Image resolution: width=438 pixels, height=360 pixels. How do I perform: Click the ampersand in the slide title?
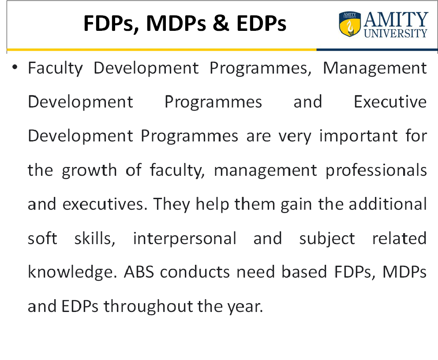(x=221, y=23)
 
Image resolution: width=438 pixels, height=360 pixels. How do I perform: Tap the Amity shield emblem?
(x=349, y=24)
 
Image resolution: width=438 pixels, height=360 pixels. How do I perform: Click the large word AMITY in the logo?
(x=396, y=19)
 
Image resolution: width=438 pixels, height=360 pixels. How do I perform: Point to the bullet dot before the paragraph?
(x=15, y=67)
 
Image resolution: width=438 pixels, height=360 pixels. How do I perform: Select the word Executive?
(x=390, y=102)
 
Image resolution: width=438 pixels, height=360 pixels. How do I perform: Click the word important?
(x=359, y=136)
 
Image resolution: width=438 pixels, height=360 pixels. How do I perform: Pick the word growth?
(x=89, y=170)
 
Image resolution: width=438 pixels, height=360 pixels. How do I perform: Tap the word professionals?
(x=376, y=170)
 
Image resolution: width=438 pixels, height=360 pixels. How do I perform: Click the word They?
(x=171, y=204)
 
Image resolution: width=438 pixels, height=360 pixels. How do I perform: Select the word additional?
(x=388, y=204)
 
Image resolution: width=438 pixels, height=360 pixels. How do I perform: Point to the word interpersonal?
(x=185, y=239)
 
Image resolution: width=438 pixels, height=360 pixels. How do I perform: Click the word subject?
(x=327, y=239)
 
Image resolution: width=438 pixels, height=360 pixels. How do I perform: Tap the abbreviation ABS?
(x=139, y=272)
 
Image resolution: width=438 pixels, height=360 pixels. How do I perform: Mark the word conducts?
(x=195, y=272)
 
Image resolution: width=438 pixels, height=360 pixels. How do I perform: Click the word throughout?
(x=148, y=306)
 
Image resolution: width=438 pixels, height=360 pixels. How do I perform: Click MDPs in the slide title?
(x=176, y=23)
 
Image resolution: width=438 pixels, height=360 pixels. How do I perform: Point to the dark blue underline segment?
(x=377, y=50)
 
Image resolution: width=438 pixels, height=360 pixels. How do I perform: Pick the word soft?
(x=42, y=238)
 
